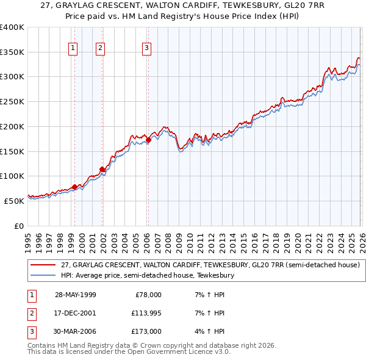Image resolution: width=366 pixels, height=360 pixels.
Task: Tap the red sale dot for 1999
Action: click(74, 187)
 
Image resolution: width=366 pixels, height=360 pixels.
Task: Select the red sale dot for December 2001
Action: click(102, 170)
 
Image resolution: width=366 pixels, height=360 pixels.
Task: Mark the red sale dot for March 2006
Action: click(148, 140)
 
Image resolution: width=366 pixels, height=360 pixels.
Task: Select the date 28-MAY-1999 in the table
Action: click(75, 294)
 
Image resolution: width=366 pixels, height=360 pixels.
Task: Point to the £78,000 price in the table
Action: click(148, 294)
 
